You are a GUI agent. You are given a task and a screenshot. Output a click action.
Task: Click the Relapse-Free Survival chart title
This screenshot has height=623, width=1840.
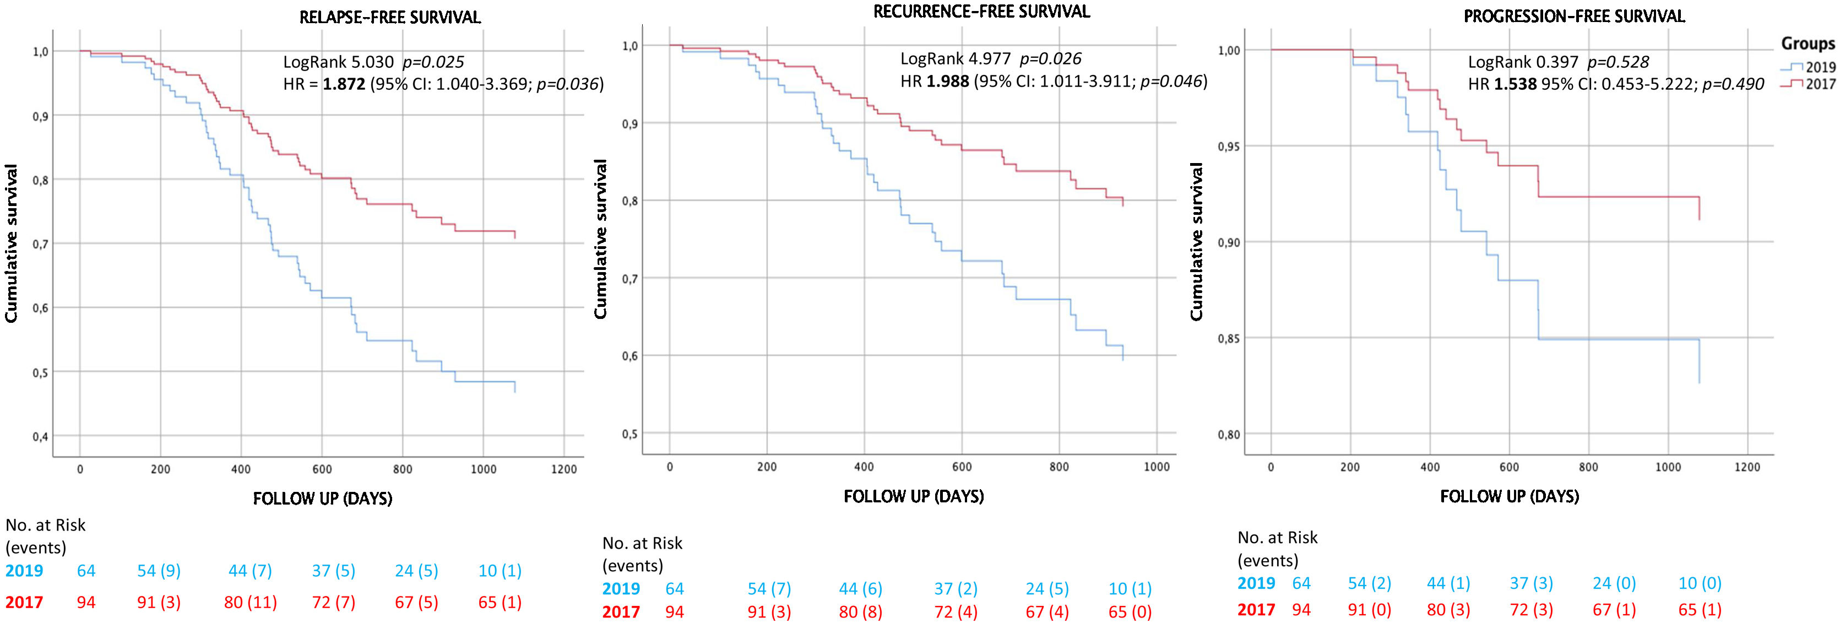390,17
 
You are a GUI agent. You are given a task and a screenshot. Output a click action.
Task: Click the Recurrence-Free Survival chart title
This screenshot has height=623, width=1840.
981,12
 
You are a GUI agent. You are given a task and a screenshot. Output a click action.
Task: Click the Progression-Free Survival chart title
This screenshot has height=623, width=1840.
1575,17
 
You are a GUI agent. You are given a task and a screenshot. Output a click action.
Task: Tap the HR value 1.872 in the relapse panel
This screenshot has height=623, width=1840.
344,84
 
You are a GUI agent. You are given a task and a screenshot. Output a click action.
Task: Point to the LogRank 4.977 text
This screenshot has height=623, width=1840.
955,58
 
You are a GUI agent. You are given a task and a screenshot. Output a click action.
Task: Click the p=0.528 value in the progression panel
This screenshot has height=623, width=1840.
1618,62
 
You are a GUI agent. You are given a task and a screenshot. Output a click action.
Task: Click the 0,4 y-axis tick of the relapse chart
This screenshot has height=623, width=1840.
40,436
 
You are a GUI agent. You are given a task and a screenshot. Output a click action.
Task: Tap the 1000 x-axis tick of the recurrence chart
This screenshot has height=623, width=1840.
1157,467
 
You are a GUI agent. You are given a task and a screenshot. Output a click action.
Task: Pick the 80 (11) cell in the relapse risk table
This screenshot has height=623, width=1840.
250,602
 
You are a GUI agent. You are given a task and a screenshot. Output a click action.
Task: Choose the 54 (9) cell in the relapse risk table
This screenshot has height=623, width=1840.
159,571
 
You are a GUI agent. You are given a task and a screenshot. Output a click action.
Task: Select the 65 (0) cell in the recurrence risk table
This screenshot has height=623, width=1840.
1130,613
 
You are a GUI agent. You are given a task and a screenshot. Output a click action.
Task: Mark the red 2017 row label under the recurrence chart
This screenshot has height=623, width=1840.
621,613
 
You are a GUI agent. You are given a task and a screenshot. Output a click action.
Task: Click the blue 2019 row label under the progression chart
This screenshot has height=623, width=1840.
1256,583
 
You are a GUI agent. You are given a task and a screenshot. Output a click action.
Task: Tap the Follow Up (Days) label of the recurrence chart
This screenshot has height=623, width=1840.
914,496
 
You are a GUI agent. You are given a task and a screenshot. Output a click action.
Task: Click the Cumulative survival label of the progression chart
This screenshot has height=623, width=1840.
1196,241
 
